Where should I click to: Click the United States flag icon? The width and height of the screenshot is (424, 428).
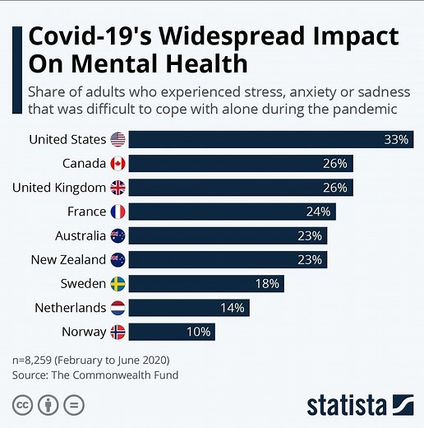(118, 139)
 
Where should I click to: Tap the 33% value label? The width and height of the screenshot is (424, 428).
(396, 140)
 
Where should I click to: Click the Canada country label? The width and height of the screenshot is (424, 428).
(84, 164)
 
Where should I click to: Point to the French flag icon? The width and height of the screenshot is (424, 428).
(118, 212)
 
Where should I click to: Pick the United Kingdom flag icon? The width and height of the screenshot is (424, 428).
(118, 188)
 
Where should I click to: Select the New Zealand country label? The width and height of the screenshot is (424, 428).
(67, 260)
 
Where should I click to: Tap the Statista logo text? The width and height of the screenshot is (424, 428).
(347, 405)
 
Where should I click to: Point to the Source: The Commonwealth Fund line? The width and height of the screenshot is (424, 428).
(95, 375)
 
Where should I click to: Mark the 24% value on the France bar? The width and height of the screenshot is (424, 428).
(318, 212)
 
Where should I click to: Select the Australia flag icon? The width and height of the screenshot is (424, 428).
(118, 236)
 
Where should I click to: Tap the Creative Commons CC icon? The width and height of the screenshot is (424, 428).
(21, 404)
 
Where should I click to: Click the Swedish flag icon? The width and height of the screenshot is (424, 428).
(118, 284)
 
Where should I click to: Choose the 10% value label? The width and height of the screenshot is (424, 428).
(200, 333)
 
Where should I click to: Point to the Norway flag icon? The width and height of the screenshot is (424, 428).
(118, 333)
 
